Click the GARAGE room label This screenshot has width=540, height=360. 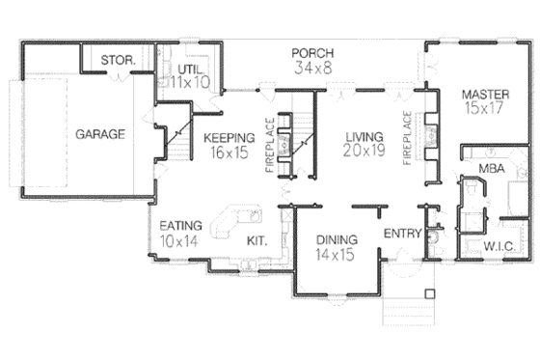(100, 134)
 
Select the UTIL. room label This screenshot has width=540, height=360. (188, 69)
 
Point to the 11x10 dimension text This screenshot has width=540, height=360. (190, 84)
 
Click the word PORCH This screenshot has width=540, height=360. (314, 51)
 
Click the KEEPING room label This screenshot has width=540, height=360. (229, 138)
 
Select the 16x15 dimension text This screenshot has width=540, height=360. (229, 152)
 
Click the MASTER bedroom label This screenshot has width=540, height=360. (484, 95)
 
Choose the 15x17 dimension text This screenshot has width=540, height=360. (484, 110)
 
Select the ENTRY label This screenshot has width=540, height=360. (401, 235)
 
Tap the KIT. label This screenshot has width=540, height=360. (257, 240)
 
